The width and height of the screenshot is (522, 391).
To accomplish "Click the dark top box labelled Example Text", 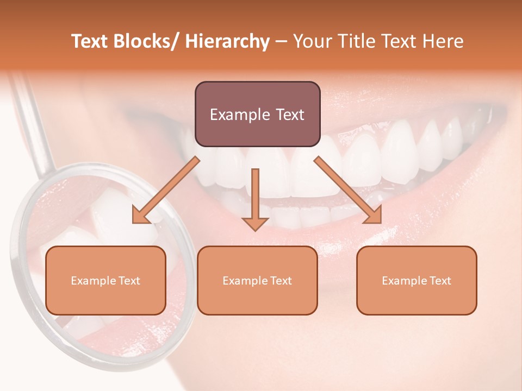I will point(257,114).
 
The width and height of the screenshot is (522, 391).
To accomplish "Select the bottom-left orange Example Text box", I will point(105,280).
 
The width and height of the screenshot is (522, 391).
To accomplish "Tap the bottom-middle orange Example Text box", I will point(257,280).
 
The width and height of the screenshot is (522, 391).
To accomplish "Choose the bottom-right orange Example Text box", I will point(417,280).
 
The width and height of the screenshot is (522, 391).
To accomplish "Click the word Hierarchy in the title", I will point(227,41).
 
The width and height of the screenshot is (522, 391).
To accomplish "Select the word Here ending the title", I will point(445,41).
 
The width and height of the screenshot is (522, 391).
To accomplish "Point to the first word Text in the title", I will point(90,41).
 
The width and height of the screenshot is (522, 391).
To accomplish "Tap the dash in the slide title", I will point(281,42).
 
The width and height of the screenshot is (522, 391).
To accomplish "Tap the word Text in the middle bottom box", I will point(280,280).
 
